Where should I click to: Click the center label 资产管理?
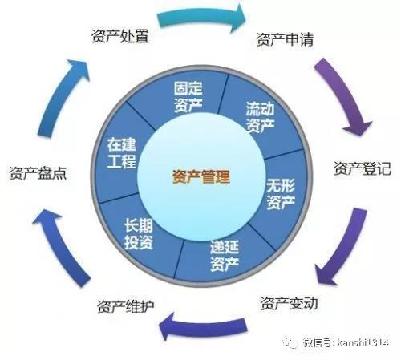[x=201, y=176]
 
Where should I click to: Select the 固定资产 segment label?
[x=188, y=97]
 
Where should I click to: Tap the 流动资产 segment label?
[x=260, y=117]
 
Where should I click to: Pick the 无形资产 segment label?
[x=281, y=193]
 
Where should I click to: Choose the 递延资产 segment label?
[x=224, y=256]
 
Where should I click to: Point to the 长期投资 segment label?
[x=139, y=234]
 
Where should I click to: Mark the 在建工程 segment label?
[x=122, y=153]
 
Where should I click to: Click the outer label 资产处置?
[x=120, y=36]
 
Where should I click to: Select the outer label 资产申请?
[x=285, y=39]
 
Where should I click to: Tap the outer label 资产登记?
[x=363, y=168]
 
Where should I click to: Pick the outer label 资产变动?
[x=289, y=303]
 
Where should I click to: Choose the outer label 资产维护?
[x=125, y=306]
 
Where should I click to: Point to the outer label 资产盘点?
[x=38, y=172]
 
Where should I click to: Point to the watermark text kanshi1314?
[x=363, y=342]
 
